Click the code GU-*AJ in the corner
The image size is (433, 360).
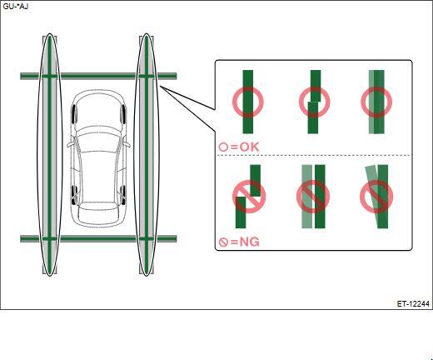[16, 7]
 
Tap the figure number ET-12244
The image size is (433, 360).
[413, 304]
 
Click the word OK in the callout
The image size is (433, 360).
[250, 147]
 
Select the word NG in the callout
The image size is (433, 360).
[249, 242]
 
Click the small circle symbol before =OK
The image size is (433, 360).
[223, 147]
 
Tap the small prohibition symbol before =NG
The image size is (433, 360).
[223, 242]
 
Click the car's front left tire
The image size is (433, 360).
[74, 114]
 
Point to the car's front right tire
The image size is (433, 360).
[123, 113]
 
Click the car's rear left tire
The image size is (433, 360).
[74, 195]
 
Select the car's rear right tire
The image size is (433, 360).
[123, 195]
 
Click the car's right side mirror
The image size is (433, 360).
[127, 144]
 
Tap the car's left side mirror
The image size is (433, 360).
[70, 144]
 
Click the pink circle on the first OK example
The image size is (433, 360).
[247, 102]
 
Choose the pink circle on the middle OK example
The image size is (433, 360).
[315, 102]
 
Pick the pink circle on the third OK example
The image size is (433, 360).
[376, 102]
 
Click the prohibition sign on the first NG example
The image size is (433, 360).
[249, 197]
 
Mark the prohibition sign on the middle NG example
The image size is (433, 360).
[313, 197]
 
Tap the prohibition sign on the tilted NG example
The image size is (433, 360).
[376, 197]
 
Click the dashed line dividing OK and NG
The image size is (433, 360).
[314, 155]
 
